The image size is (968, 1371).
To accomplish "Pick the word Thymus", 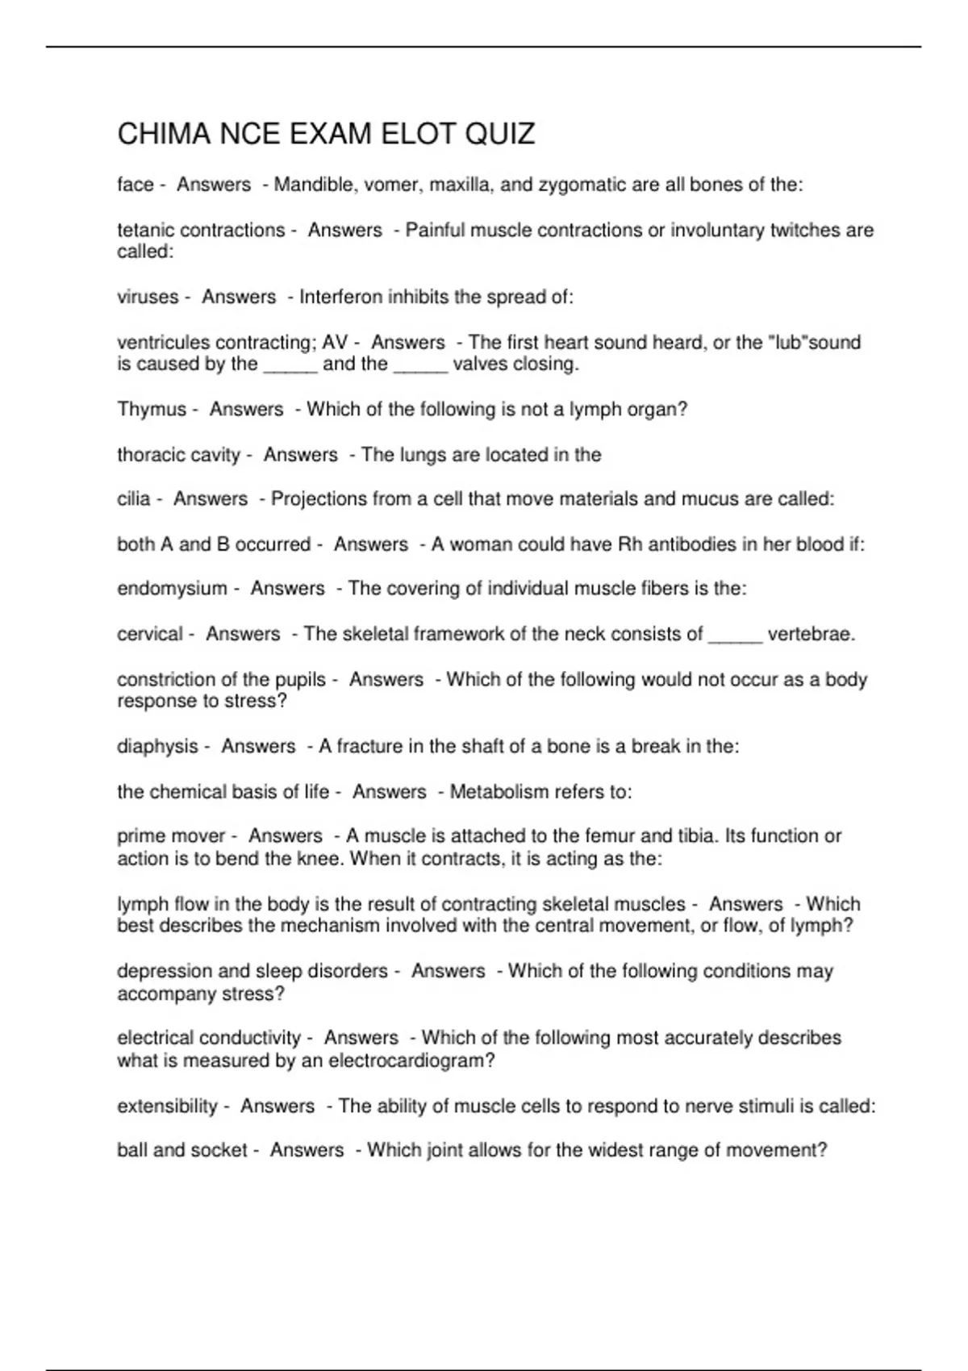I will click(x=152, y=409).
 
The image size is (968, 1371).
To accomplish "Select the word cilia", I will click(x=134, y=498).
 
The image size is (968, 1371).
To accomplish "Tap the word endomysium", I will click(x=172, y=589).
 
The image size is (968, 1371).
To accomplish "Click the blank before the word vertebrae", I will click(x=735, y=634).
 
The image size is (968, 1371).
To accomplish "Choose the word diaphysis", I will click(x=157, y=747).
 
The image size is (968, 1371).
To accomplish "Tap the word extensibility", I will click(x=167, y=1106).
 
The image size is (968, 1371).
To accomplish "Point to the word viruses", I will click(x=148, y=297).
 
